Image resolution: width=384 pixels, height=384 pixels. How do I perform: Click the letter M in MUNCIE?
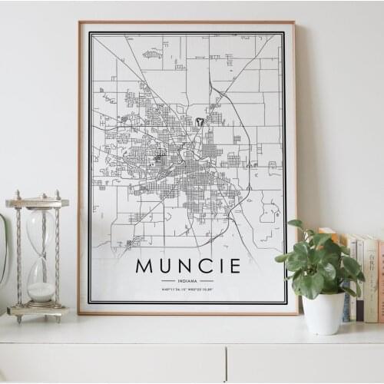(145, 266)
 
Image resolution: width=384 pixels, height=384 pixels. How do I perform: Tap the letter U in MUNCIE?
(167, 266)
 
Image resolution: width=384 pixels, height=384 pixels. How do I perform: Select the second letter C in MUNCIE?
(206, 266)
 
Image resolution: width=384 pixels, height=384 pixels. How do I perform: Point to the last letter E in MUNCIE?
(234, 266)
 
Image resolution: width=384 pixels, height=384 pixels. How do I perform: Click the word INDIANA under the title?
(187, 282)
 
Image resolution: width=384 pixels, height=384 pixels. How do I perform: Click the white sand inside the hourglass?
(41, 291)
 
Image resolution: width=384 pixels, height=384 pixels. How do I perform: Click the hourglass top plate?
(38, 203)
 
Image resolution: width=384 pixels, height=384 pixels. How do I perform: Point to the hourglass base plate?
(38, 310)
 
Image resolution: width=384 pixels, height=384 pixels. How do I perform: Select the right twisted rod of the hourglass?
(57, 253)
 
